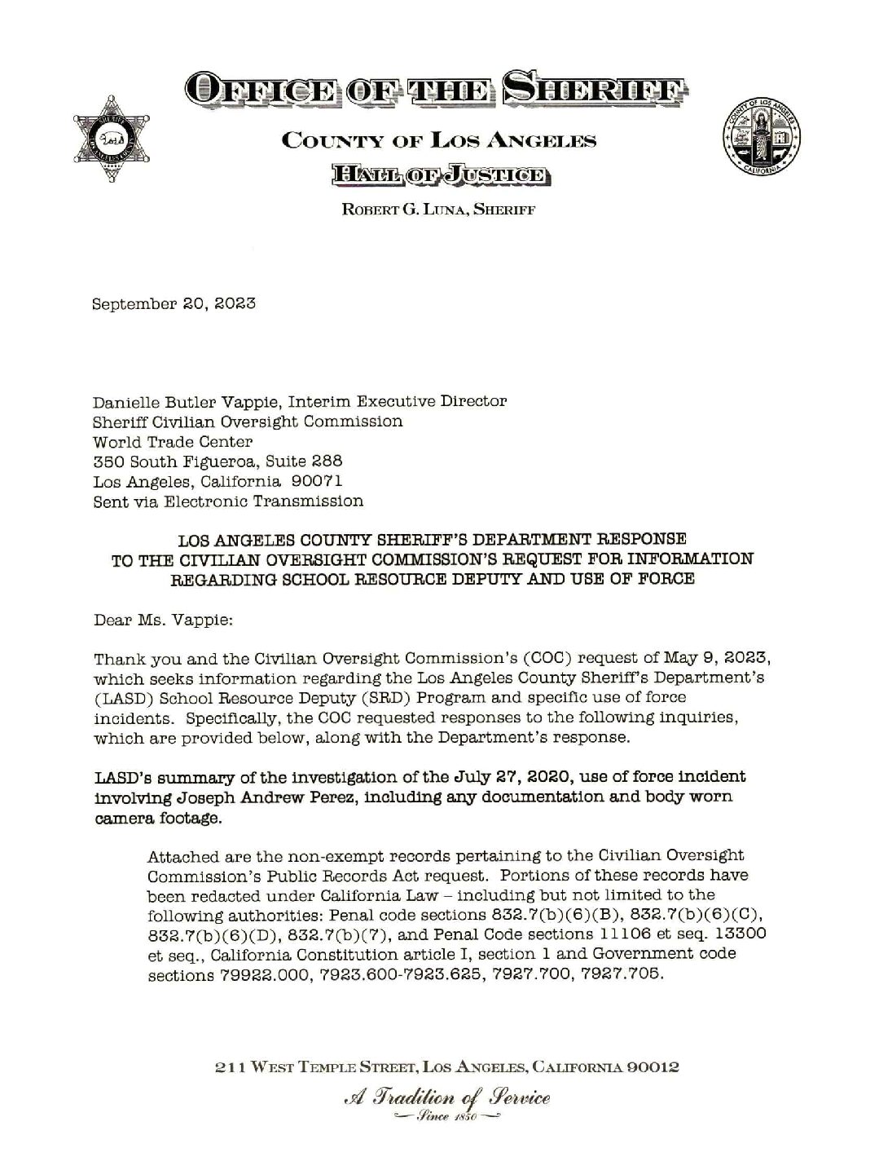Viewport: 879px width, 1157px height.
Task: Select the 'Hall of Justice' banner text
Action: coord(439,174)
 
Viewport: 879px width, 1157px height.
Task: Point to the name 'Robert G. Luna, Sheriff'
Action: coord(439,209)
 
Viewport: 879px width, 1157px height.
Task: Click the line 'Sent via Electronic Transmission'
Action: coord(228,501)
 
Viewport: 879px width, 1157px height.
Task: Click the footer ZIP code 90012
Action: coord(649,1066)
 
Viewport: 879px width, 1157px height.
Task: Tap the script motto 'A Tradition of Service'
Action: coord(439,1097)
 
